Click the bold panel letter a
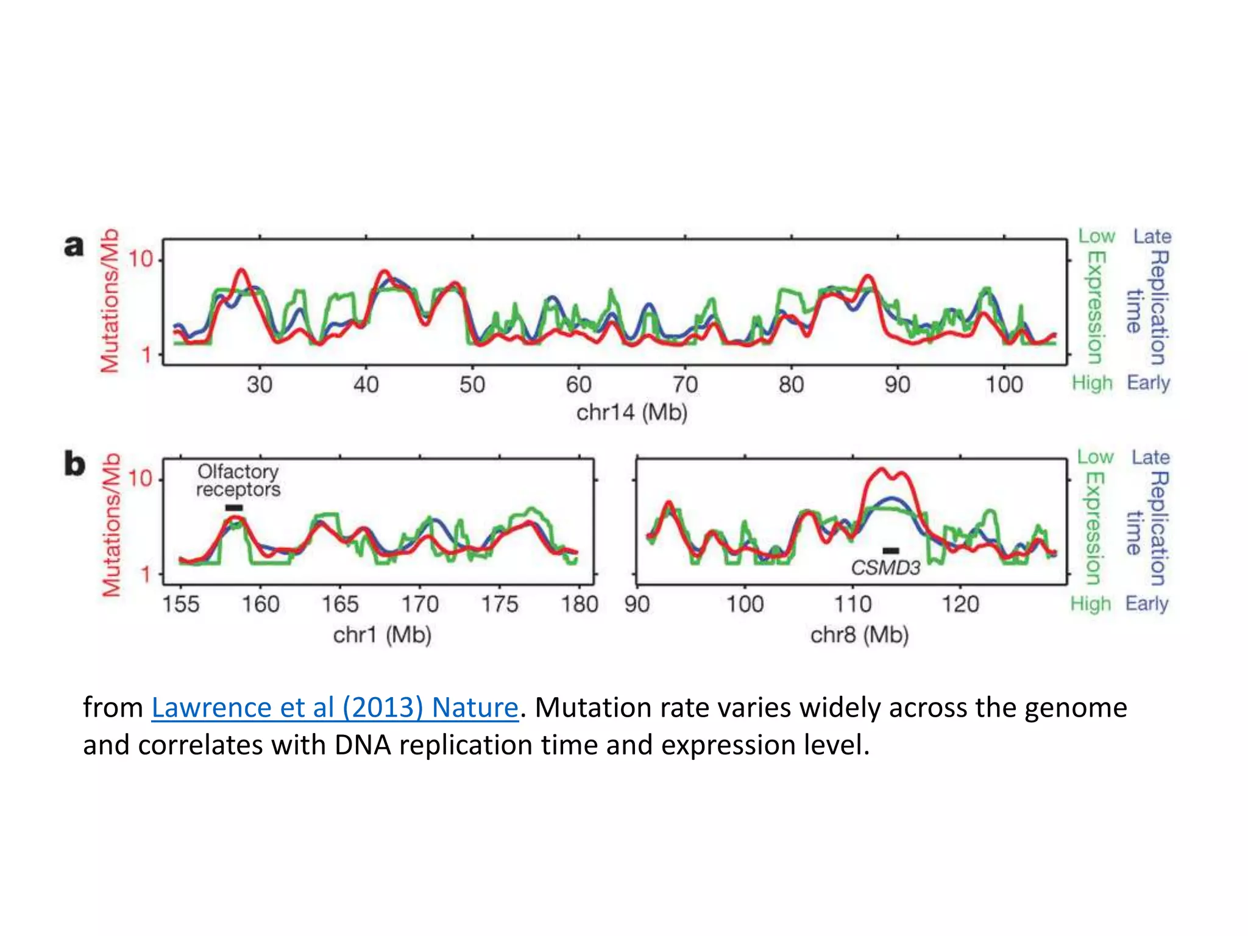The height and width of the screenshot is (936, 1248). coord(74,246)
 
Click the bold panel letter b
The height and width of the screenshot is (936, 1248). coord(74,464)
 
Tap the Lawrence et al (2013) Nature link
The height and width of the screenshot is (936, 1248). coord(335,707)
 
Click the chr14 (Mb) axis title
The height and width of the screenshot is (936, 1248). coord(632,413)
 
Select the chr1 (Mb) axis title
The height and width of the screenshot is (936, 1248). coord(382,635)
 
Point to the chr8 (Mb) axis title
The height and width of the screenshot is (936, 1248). coord(859,635)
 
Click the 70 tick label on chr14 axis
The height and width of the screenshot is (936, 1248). coord(684,385)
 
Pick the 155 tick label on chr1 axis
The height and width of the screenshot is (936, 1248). coord(180,604)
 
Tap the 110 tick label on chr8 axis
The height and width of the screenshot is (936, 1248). coord(853,604)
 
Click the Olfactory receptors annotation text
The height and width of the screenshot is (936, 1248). coord(238,480)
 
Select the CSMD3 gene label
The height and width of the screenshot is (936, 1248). coord(885,568)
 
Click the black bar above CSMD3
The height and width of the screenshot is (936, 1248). coord(890,551)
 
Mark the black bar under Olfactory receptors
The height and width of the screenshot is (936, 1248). coord(234,508)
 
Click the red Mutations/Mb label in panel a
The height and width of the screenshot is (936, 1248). coord(110,300)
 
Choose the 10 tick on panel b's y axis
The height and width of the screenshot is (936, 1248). coord(140,478)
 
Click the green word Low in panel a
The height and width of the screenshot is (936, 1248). coord(1096,236)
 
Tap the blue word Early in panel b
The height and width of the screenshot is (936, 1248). coord(1147,603)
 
